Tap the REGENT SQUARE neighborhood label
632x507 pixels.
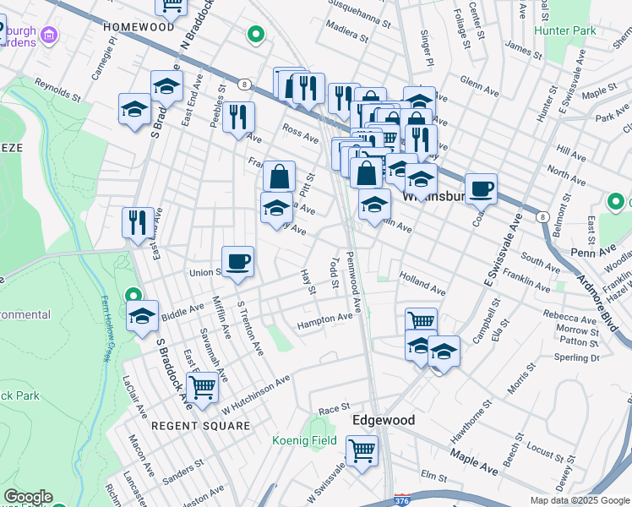200,426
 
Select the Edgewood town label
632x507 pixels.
383,420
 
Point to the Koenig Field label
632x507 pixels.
304,440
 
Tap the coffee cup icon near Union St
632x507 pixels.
237,261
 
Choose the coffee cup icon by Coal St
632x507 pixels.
481,188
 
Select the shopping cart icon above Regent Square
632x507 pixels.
202,387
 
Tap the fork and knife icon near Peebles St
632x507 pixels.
240,117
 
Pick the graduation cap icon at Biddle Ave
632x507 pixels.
143,316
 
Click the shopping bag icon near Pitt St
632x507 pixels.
279,177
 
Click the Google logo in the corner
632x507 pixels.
28,497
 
